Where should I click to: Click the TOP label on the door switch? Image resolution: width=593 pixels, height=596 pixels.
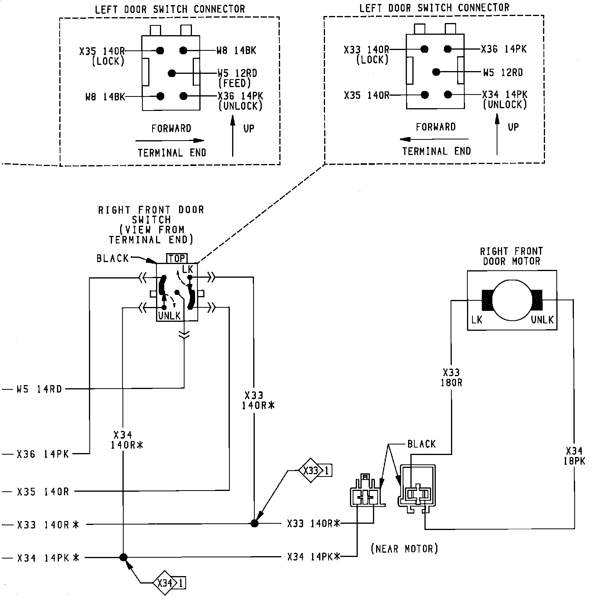click(x=177, y=259)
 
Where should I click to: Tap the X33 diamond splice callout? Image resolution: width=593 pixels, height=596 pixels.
click(x=311, y=471)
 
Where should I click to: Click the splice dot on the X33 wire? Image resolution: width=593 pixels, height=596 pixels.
click(x=254, y=523)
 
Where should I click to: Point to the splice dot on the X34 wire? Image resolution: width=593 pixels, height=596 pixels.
click(x=123, y=557)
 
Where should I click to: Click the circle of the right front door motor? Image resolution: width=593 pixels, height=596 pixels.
click(x=512, y=300)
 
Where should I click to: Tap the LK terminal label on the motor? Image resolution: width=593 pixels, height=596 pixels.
click(x=477, y=320)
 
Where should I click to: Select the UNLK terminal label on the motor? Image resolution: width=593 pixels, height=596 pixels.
click(x=542, y=320)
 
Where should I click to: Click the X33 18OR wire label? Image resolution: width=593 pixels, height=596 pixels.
click(x=451, y=378)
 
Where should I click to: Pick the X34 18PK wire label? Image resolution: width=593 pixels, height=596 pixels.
click(x=574, y=456)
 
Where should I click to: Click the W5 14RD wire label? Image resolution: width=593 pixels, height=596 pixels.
click(x=39, y=389)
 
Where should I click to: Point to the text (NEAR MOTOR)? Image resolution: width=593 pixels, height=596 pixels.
click(x=404, y=549)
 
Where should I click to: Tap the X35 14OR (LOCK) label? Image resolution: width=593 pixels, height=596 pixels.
click(x=102, y=56)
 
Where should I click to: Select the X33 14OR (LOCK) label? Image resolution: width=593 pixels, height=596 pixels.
click(x=367, y=54)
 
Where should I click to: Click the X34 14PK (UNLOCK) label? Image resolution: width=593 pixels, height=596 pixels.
click(x=505, y=99)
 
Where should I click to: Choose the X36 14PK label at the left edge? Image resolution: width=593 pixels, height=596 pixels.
click(x=43, y=454)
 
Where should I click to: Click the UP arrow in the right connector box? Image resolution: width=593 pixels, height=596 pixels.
click(x=497, y=135)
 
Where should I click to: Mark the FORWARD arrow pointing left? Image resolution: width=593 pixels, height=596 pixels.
click(x=434, y=139)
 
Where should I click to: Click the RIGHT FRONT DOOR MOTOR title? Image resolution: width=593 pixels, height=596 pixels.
click(x=511, y=256)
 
